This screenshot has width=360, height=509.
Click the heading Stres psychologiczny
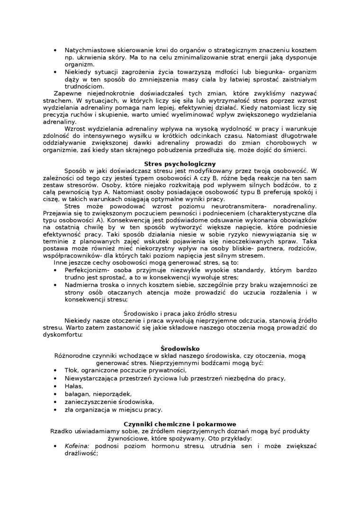tap(180, 164)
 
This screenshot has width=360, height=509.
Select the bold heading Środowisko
tap(180, 348)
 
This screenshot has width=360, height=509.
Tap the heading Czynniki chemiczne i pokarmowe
tap(180, 424)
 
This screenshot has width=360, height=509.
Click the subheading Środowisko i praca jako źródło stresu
tap(180, 314)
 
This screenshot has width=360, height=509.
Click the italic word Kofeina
tap(78, 446)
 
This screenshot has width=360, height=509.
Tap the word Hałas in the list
tap(73, 386)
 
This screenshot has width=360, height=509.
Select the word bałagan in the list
tap(77, 394)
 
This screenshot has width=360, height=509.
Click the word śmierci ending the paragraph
tap(295, 150)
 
